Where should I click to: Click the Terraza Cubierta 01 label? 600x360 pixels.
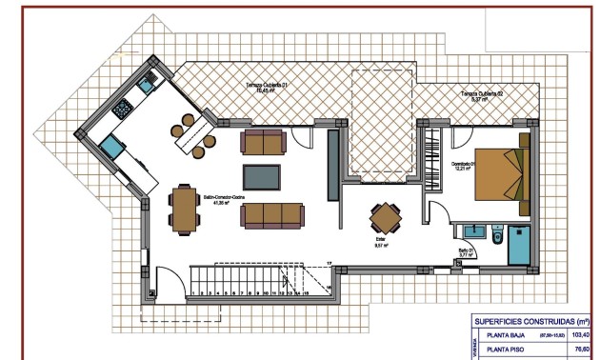click(x=269, y=88)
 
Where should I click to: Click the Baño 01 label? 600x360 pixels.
click(x=468, y=254)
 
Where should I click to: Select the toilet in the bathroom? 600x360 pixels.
click(x=497, y=234)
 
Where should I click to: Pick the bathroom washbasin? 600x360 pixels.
click(x=473, y=230)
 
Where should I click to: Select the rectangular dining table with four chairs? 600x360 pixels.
click(x=183, y=209)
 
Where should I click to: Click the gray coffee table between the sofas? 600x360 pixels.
click(x=262, y=177)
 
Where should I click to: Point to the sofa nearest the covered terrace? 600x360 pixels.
click(x=263, y=142)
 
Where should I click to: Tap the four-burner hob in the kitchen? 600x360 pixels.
click(x=124, y=110)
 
